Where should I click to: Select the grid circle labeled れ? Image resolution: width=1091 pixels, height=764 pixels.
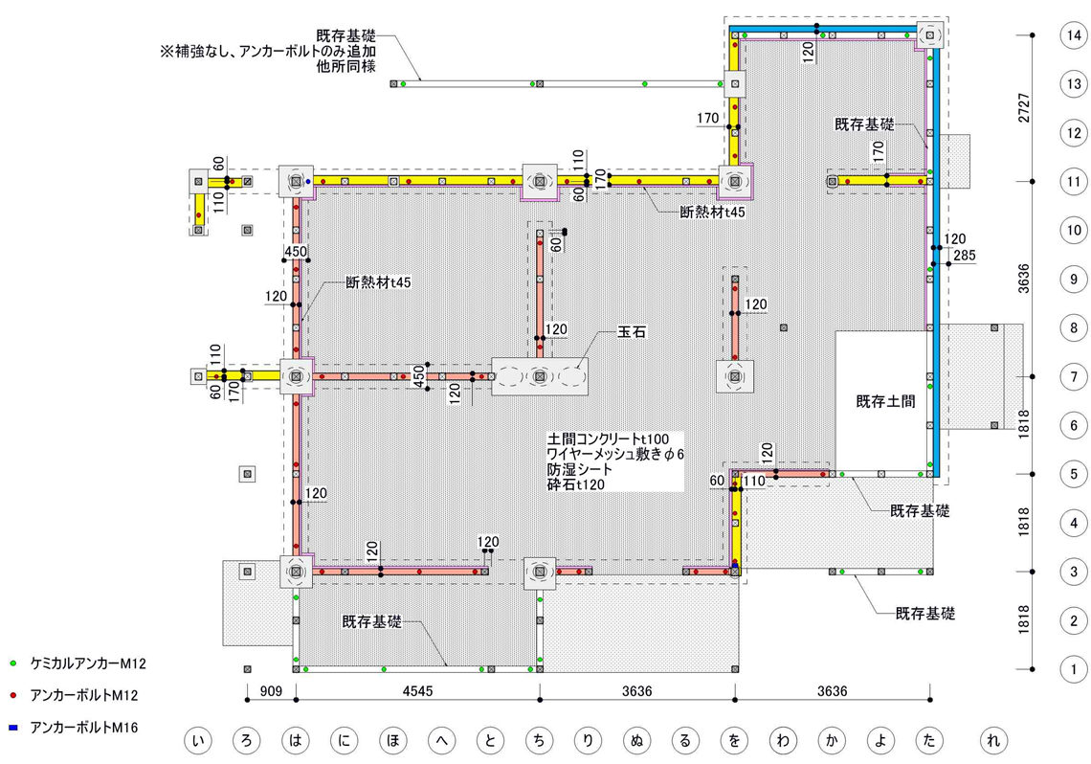(995, 740)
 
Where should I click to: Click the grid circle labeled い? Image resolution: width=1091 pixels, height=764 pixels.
(198, 740)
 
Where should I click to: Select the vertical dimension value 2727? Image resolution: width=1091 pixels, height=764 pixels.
(1024, 107)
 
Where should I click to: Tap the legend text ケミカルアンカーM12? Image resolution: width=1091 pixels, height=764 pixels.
(88, 663)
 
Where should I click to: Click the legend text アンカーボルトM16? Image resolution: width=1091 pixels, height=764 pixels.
(85, 728)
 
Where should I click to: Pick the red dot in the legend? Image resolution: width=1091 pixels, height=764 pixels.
(13, 695)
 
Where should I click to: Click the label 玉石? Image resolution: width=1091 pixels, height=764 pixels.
(632, 333)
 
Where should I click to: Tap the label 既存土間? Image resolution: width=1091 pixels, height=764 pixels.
(885, 402)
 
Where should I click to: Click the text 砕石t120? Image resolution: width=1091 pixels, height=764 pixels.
(576, 485)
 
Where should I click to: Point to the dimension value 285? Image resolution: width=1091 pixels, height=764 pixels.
(963, 255)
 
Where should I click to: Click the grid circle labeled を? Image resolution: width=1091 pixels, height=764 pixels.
(735, 740)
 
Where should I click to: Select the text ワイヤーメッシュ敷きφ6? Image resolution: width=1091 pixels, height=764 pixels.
(615, 454)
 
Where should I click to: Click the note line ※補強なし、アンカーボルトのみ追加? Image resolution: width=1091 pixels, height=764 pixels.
(275, 51)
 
